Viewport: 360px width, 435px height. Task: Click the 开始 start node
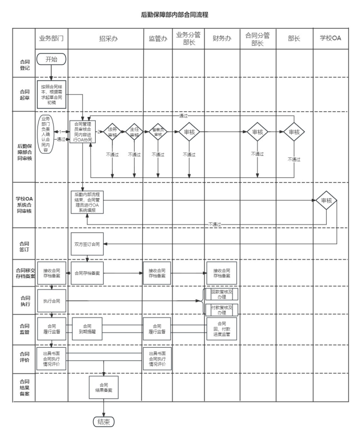click(51, 59)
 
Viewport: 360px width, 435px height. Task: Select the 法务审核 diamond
click(112, 131)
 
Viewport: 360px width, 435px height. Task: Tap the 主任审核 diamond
click(134, 131)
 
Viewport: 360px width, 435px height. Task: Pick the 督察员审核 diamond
click(157, 131)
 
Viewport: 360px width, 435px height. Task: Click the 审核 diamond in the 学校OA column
click(326, 200)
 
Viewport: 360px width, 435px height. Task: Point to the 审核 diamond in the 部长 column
click(294, 131)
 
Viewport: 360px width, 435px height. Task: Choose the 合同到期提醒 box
click(87, 328)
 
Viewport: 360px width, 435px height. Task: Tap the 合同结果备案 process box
click(104, 386)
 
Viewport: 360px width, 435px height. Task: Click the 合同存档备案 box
click(87, 272)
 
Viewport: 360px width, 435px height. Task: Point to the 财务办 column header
click(222, 39)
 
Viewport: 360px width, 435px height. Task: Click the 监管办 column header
click(157, 39)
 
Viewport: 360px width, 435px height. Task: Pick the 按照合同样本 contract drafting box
click(52, 94)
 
